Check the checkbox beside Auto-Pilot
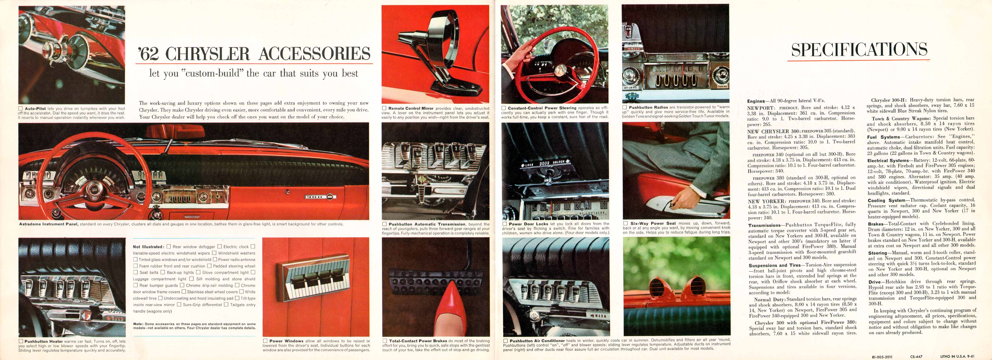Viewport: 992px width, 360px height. (x=20, y=108)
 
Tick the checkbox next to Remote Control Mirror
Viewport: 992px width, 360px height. (x=384, y=108)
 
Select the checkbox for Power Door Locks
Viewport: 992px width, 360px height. (x=504, y=224)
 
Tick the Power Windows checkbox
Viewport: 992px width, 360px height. (x=265, y=341)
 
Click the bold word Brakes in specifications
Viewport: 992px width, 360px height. (x=875, y=224)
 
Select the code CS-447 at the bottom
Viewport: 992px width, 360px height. (x=916, y=357)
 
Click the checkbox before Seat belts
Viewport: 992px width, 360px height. (x=136, y=272)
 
